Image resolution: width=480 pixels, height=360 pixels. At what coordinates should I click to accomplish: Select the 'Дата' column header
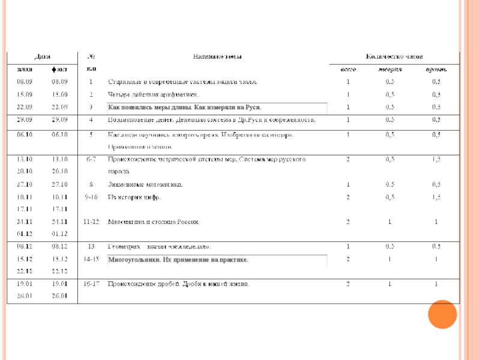(42, 57)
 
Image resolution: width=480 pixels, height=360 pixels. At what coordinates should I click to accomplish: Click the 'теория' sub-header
(390, 70)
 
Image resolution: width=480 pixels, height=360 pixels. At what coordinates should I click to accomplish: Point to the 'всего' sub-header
(349, 70)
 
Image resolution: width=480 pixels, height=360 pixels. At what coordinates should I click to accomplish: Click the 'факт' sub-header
(60, 70)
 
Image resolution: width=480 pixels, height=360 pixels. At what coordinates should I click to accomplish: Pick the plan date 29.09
(25, 120)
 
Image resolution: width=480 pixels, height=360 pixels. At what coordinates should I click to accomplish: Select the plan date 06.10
(25, 135)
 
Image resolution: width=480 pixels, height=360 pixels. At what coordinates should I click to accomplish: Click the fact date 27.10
(60, 184)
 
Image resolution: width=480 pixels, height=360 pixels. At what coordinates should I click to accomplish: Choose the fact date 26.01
(60, 295)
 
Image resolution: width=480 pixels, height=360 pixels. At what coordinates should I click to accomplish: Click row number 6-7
(91, 160)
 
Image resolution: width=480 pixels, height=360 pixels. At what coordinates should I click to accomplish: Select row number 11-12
(91, 221)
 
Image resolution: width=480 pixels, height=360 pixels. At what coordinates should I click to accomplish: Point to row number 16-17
(91, 283)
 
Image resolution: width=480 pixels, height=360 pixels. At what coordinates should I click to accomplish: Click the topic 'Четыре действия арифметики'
(152, 95)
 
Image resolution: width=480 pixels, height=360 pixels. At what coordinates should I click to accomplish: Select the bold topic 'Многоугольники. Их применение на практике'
(178, 260)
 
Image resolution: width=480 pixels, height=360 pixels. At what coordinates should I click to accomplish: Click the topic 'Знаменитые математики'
(145, 184)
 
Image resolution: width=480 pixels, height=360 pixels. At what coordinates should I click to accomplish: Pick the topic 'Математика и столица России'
(153, 221)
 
